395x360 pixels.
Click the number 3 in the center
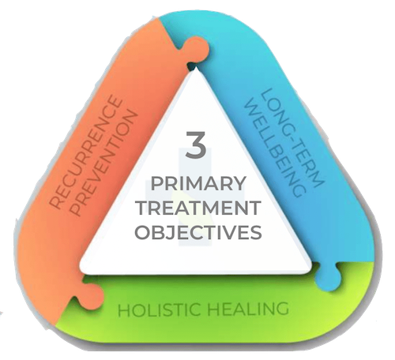click(x=196, y=144)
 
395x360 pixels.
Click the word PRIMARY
click(x=198, y=184)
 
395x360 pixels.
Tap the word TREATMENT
click(x=199, y=208)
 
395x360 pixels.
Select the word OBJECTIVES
click(x=198, y=232)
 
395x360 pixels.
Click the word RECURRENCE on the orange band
click(x=85, y=153)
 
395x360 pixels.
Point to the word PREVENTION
click(x=104, y=163)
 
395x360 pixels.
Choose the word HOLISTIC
click(x=159, y=309)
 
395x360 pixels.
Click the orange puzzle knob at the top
click(x=198, y=50)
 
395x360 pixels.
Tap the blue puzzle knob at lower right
click(x=328, y=277)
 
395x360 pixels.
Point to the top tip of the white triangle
click(x=196, y=66)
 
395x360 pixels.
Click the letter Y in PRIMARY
click(x=239, y=184)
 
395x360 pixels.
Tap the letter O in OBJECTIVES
click(x=143, y=232)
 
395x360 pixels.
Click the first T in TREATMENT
click(x=144, y=208)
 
